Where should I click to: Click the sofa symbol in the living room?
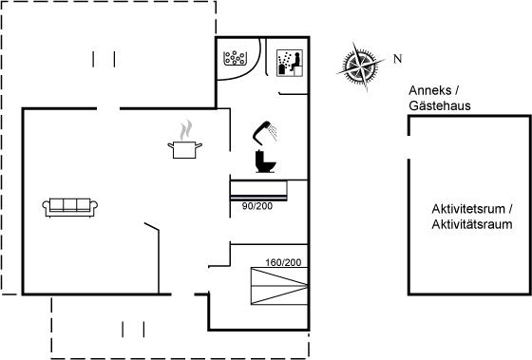point(70,207)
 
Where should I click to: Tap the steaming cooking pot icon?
point(185,141)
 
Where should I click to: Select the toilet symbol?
point(265,161)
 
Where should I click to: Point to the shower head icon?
point(265,131)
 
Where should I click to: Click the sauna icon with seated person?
point(290,63)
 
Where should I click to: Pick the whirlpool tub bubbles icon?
point(235,58)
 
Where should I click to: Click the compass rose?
point(360,66)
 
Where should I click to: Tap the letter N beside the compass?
point(398,59)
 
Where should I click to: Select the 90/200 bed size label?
point(257,206)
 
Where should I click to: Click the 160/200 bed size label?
point(283,262)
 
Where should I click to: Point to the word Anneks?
point(430,90)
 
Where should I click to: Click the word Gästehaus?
point(440,105)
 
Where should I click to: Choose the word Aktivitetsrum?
point(468,209)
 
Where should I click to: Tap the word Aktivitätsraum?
point(472,224)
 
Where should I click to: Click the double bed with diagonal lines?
point(279,286)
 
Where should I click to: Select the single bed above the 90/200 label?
point(258,190)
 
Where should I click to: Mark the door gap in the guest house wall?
point(408,147)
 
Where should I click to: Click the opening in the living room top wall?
point(108,108)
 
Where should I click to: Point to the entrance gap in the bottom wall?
point(182,294)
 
